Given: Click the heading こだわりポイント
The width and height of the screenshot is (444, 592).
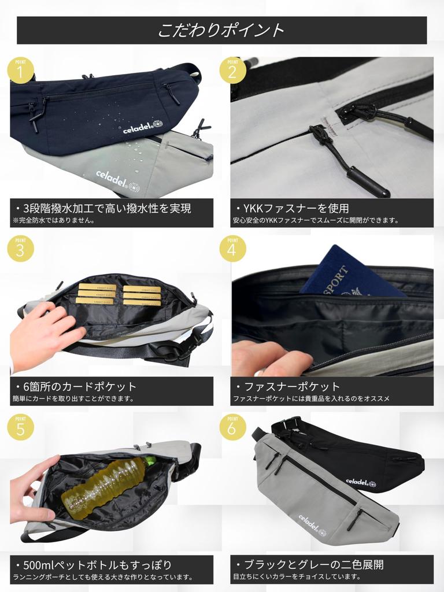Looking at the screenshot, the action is pyautogui.click(x=221, y=30).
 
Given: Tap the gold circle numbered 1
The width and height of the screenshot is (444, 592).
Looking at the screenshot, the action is pyautogui.click(x=21, y=70).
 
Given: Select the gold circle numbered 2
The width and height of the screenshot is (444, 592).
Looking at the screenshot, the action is pyautogui.click(x=232, y=70).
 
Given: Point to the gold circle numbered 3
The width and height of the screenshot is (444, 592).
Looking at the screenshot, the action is pyautogui.click(x=21, y=249).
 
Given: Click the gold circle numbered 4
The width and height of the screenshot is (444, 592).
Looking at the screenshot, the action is pyautogui.click(x=232, y=249).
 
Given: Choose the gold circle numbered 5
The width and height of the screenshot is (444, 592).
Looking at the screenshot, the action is pyautogui.click(x=21, y=427).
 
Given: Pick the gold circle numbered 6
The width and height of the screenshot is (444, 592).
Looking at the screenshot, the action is pyautogui.click(x=232, y=427).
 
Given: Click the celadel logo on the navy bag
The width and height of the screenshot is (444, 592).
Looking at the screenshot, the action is pyautogui.click(x=143, y=127).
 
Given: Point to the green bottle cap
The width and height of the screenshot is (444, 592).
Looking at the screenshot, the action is pyautogui.click(x=150, y=461).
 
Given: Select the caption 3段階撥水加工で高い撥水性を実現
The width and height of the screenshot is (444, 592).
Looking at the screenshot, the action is pyautogui.click(x=107, y=208).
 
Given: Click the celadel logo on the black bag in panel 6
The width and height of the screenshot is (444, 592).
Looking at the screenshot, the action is pyautogui.click(x=361, y=482).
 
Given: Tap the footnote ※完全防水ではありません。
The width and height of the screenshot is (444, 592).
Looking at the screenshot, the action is pyautogui.click(x=53, y=220).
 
